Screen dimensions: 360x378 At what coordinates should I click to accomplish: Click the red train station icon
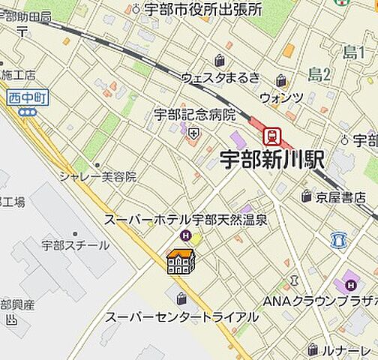point(271,136)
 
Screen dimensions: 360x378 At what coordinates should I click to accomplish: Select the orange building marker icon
point(181,261)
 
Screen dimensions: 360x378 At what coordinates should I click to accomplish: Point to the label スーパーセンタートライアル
point(182,316)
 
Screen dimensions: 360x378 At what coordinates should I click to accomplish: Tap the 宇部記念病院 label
point(195,115)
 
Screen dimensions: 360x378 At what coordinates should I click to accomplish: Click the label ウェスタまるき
point(221,77)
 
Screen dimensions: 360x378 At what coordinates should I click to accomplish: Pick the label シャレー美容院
point(98,177)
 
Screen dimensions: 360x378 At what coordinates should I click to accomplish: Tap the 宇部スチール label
point(75,245)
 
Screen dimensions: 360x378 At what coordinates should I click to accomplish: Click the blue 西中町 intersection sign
point(28,97)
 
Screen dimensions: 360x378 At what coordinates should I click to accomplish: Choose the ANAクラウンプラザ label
point(321,301)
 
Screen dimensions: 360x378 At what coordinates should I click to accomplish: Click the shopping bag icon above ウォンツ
point(280,81)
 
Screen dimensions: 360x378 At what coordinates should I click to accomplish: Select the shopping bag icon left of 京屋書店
point(306,196)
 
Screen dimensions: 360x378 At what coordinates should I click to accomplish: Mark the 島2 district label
point(319,73)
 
